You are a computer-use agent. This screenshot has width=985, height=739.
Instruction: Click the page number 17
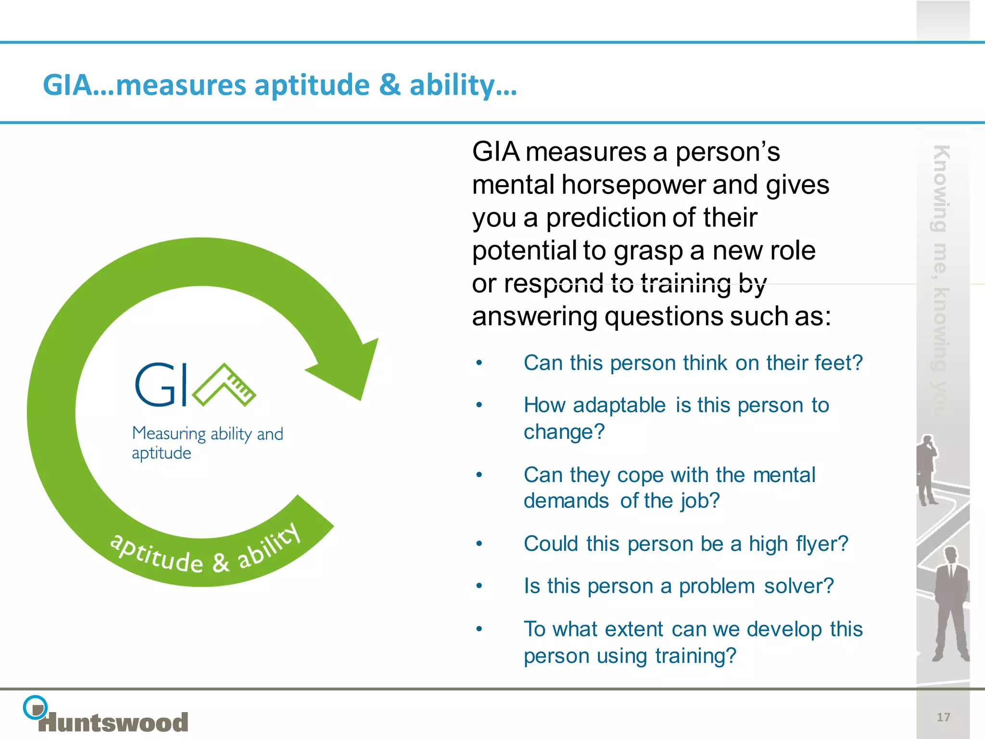(x=943, y=717)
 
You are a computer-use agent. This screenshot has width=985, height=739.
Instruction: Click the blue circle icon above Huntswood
(x=35, y=707)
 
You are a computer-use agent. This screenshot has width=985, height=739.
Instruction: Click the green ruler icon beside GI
(x=225, y=385)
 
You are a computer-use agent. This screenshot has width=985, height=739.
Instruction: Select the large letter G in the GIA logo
(x=152, y=385)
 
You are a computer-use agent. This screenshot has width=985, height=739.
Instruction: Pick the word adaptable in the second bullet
(x=619, y=405)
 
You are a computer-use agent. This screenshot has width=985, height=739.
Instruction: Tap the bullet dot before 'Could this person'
(x=479, y=544)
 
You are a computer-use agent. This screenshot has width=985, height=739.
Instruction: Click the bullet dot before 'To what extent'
(x=479, y=629)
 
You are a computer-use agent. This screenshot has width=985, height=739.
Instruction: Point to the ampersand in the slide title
(x=390, y=85)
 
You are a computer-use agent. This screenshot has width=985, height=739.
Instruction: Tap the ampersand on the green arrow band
(x=220, y=562)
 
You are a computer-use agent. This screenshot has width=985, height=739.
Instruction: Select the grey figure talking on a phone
(x=927, y=469)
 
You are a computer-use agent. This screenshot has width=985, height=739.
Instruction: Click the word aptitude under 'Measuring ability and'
(x=162, y=454)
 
